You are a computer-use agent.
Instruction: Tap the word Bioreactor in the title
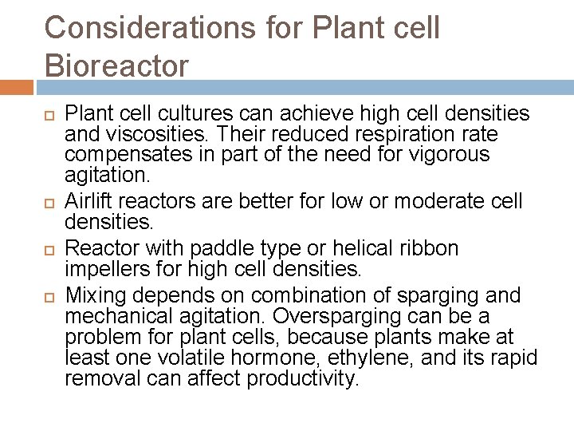pos(117,65)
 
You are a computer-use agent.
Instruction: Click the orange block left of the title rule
pos(16,86)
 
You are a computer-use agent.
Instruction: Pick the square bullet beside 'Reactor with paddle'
pos(49,248)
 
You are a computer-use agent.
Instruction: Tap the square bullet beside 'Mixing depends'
pos(49,295)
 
